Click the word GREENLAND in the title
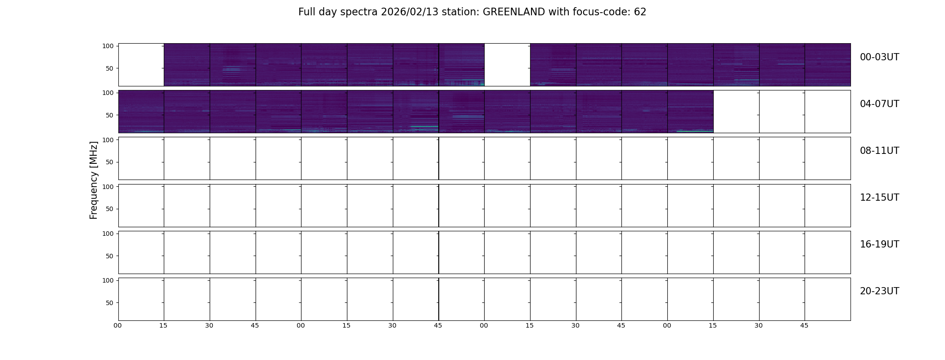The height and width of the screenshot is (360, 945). coord(513,12)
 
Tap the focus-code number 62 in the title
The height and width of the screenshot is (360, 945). coord(640,12)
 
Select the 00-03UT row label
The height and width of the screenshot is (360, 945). coord(879,57)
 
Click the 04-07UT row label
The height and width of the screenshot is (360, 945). coord(879,104)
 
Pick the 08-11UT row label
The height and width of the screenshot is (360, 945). coord(879,151)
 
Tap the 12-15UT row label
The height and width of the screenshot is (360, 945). coord(879,198)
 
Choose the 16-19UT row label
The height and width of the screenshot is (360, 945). coord(879,244)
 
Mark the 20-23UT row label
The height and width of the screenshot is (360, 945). coord(879,291)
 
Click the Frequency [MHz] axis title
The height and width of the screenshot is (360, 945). coord(94,180)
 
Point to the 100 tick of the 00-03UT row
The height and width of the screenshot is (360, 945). coord(108,46)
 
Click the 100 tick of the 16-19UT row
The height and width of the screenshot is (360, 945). coord(108,234)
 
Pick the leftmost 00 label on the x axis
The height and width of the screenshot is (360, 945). coord(117,325)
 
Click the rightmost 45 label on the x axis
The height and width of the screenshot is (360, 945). coord(804,325)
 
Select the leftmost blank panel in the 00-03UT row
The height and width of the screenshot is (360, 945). coord(141,65)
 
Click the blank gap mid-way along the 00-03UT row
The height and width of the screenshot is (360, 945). coord(507,65)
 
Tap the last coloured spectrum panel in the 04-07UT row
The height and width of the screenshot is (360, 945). coord(690,112)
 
